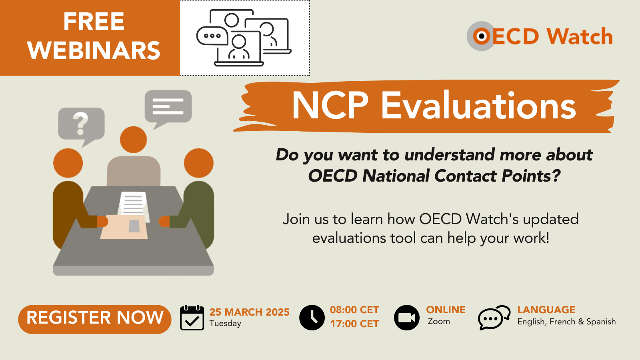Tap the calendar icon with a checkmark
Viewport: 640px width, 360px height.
tap(192, 318)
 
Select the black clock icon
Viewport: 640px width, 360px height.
tap(312, 318)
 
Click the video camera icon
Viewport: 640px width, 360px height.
tap(407, 318)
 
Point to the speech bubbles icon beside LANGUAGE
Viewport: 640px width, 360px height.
tap(494, 318)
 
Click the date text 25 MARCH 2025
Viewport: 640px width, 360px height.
tap(249, 312)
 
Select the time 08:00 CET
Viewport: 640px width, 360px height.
tap(354, 310)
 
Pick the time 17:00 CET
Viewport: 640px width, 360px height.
tap(354, 324)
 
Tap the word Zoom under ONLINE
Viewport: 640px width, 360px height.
tap(439, 321)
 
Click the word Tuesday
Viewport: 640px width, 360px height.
tap(225, 323)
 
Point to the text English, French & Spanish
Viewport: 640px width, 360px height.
tap(566, 322)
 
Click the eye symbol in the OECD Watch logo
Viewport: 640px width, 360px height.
tap(482, 36)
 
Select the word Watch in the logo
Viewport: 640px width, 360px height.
tap(580, 36)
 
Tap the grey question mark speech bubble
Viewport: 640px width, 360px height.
tap(81, 124)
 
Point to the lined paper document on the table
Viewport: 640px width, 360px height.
tap(133, 204)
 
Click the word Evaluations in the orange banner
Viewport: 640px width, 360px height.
tap(478, 106)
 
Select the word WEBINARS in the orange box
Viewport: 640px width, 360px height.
tap(94, 51)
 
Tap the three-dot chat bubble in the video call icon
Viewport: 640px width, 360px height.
tap(212, 36)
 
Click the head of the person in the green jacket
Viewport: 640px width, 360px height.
tap(199, 163)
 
